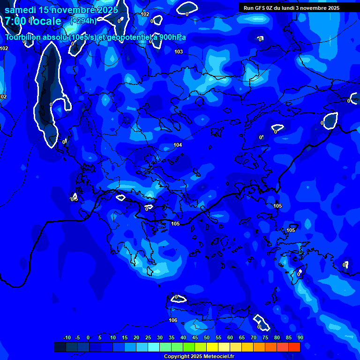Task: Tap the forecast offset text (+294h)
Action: click(83, 21)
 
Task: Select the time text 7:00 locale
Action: click(33, 21)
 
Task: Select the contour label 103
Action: click(179, 52)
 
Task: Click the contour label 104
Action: click(178, 145)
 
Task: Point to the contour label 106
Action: click(173, 320)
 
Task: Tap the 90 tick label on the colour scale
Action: click(300, 338)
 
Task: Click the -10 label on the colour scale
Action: click(67, 338)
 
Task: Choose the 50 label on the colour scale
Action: click(207, 338)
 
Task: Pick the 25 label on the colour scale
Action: click(148, 338)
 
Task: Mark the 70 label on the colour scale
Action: click(254, 338)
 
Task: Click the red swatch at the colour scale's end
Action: click(294, 347)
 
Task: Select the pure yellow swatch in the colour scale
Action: click(212, 347)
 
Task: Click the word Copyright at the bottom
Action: click(177, 357)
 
